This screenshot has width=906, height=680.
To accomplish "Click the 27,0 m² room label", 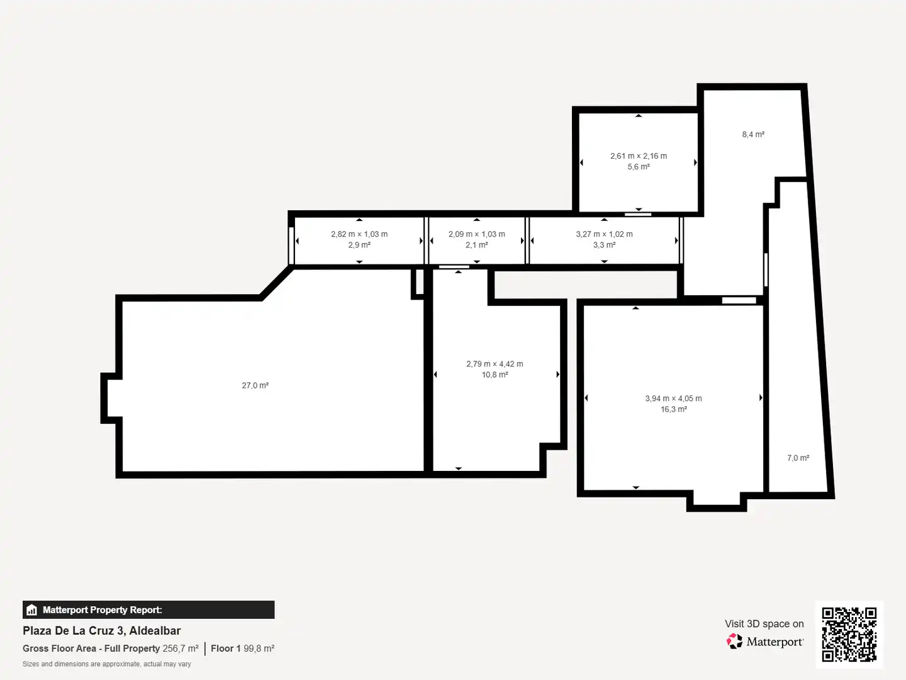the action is click(x=255, y=385).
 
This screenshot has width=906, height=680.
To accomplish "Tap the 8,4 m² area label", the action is click(x=753, y=134).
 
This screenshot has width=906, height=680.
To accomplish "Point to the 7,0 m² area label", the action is click(x=798, y=458).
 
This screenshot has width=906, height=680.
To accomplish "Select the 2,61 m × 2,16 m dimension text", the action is click(x=639, y=156).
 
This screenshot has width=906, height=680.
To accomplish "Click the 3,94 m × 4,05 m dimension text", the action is click(x=673, y=399).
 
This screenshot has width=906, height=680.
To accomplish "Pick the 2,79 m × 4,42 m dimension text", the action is click(x=495, y=364).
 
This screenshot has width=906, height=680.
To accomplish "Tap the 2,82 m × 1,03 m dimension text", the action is click(x=359, y=234).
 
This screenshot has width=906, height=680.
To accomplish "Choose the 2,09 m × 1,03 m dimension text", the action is click(x=477, y=234).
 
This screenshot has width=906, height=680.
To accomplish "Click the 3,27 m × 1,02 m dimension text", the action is click(x=604, y=234).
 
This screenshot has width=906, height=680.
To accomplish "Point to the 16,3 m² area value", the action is click(x=674, y=409).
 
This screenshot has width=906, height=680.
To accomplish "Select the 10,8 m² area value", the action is click(x=495, y=375).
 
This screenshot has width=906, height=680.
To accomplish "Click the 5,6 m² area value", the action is click(x=639, y=167).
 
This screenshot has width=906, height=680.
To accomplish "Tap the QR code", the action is click(x=849, y=634).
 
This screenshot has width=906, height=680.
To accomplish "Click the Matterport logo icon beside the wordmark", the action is click(x=734, y=641).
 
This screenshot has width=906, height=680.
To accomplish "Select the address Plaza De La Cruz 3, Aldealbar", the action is click(x=101, y=631).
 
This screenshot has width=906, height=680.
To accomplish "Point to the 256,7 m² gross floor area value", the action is click(x=181, y=649).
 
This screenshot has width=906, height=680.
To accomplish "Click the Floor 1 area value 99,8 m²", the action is click(x=259, y=649).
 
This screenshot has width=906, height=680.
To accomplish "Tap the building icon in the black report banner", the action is click(x=32, y=610).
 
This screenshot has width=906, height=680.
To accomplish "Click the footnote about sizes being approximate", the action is click(x=106, y=664).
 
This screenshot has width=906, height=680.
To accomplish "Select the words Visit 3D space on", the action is click(x=764, y=624).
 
